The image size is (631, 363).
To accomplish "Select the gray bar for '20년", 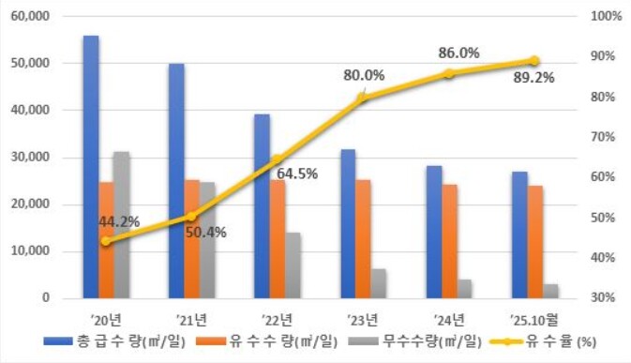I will pyautogui.click(x=121, y=225).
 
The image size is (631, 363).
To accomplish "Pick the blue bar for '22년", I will pyautogui.click(x=262, y=206).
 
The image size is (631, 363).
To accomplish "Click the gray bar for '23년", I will pyautogui.click(x=378, y=283).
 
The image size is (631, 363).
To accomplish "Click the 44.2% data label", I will pyautogui.click(x=118, y=222).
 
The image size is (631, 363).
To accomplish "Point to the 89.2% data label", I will pyautogui.click(x=533, y=79).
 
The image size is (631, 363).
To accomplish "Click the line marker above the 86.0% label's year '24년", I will pyautogui.click(x=448, y=73).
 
